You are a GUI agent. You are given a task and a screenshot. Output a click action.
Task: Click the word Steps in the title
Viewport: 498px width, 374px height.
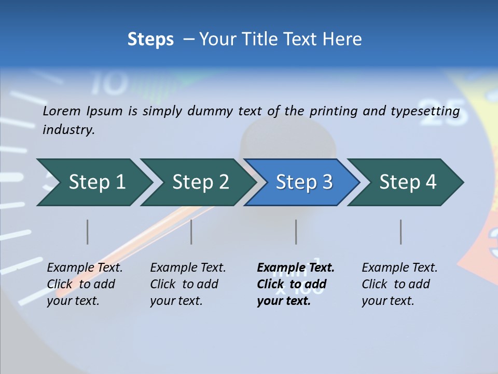(x=150, y=39)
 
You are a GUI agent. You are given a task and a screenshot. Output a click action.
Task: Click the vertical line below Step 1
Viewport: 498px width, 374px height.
(x=88, y=232)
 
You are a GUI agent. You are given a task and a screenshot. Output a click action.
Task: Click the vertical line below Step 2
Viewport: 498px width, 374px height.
(x=191, y=232)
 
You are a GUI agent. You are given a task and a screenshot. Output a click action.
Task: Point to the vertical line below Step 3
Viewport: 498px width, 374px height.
(x=296, y=232)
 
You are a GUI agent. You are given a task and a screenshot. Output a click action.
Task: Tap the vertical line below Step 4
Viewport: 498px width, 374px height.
(x=401, y=232)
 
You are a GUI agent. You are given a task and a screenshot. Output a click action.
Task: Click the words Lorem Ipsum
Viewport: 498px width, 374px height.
(x=82, y=111)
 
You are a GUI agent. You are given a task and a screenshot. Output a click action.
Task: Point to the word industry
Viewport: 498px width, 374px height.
(x=68, y=130)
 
